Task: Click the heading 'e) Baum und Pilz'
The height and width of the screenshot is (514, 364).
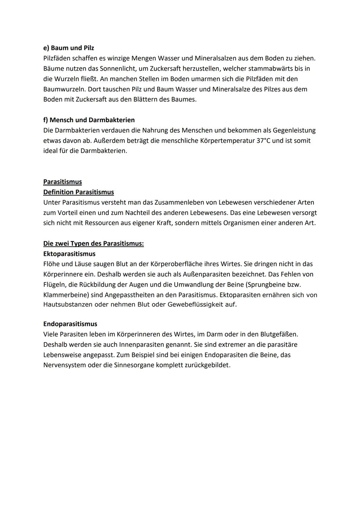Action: point(68,48)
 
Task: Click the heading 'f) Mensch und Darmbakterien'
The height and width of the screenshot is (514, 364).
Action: point(89,120)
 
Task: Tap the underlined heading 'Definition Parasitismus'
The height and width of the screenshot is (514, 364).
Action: point(79,192)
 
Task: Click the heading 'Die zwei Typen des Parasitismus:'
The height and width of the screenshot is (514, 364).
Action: point(93,243)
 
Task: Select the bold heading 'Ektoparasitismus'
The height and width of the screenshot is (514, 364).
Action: point(69,253)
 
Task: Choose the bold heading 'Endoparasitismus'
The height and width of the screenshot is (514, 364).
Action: point(70,324)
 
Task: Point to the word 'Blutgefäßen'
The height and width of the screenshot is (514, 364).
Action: point(279,334)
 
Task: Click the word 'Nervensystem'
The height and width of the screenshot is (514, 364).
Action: point(64,365)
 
